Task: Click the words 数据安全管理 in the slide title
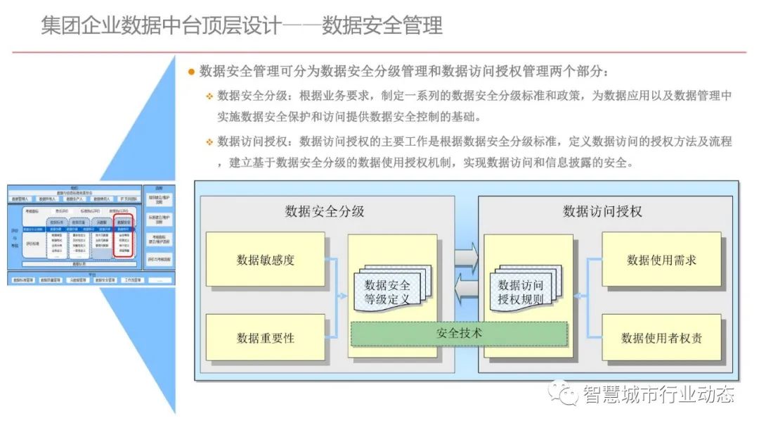tap(382, 26)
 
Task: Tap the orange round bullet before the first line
tap(190, 72)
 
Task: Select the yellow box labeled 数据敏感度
tap(266, 260)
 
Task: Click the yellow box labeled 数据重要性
tap(266, 337)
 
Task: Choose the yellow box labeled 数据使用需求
tap(661, 260)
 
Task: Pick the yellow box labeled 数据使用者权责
tap(661, 337)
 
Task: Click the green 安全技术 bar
tap(459, 333)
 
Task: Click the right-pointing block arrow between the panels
tap(466, 256)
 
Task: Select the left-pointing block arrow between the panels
tap(466, 289)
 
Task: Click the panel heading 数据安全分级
tap(325, 211)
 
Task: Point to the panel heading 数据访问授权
tap(603, 211)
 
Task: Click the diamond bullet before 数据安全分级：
tap(209, 96)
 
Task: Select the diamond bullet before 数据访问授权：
tap(209, 142)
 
